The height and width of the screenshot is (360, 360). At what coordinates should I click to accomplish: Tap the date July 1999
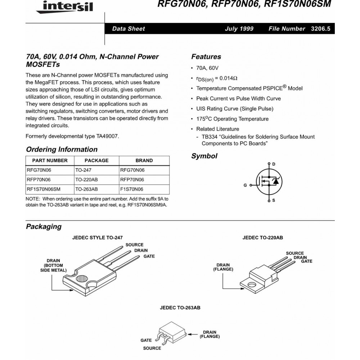pyautogui.click(x=239, y=29)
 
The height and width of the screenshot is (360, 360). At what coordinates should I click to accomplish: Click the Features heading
pyautogui.click(x=206, y=57)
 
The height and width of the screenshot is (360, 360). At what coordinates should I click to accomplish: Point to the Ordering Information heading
pyautogui.click(x=62, y=149)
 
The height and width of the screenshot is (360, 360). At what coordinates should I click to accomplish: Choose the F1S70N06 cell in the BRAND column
pyautogui.click(x=131, y=189)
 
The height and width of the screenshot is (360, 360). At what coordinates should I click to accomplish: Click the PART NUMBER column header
pyautogui.click(x=50, y=161)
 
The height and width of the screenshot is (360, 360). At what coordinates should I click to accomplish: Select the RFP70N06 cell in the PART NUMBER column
pyautogui.click(x=39, y=180)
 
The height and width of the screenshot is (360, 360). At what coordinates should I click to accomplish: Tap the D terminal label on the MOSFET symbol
pyautogui.click(x=274, y=164)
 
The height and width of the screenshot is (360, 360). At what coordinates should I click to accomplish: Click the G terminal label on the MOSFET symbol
pyautogui.click(x=245, y=185)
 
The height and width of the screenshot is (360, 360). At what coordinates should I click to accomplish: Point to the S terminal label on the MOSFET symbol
pyautogui.click(x=274, y=201)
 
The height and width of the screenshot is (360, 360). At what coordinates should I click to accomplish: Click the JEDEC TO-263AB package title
pyautogui.click(x=180, y=309)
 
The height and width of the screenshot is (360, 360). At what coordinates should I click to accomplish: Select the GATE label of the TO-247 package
pyautogui.click(x=149, y=256)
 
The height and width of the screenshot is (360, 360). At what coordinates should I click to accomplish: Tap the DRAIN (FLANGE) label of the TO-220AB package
pyautogui.click(x=223, y=267)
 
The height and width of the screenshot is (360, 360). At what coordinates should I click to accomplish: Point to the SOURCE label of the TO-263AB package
pyautogui.click(x=152, y=348)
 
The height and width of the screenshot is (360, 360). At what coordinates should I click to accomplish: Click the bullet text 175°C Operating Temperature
pyautogui.click(x=232, y=119)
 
